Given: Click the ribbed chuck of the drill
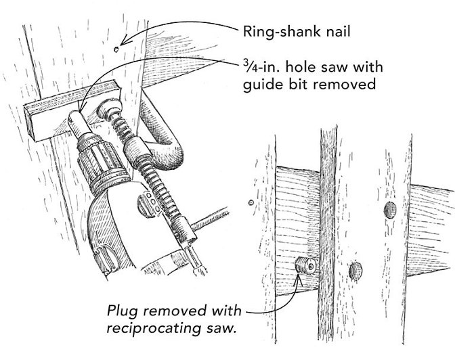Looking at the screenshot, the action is (x=95, y=159).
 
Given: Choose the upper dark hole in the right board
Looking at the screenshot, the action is (x=389, y=208).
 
